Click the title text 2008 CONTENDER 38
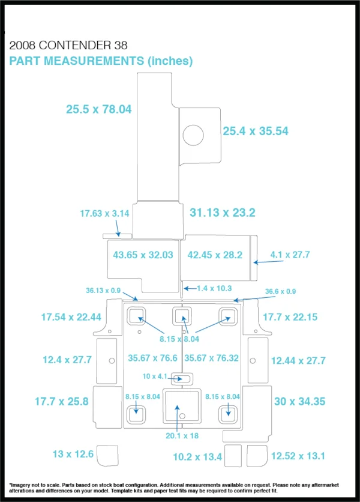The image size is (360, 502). tap(68, 46)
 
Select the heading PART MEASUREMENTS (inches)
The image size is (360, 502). tap(101, 61)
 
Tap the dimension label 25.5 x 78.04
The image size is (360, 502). tap(99, 109)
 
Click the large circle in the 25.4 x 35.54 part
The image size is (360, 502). tap(193, 135)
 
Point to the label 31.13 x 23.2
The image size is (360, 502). tap(223, 213)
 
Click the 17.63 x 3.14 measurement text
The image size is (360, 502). tap(104, 214)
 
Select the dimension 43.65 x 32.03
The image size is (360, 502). tap(143, 255)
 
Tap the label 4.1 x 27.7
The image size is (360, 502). tap(290, 255)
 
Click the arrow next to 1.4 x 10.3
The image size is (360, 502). tap(190, 288)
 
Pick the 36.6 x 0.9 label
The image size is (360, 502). tap(280, 291)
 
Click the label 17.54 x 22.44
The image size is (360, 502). tap(71, 317)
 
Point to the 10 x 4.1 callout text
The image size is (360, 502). tap(155, 376)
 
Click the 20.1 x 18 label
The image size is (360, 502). tap(182, 436)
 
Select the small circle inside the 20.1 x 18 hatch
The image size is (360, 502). tap(182, 416)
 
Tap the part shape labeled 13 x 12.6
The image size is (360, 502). tap(107, 455)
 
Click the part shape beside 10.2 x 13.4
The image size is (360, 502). tap(233, 456)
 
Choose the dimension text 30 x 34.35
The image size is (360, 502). tap(299, 402)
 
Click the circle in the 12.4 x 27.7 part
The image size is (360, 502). tap(112, 361)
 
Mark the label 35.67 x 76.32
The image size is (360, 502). tap(212, 358)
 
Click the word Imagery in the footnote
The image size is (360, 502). tap(20, 485)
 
